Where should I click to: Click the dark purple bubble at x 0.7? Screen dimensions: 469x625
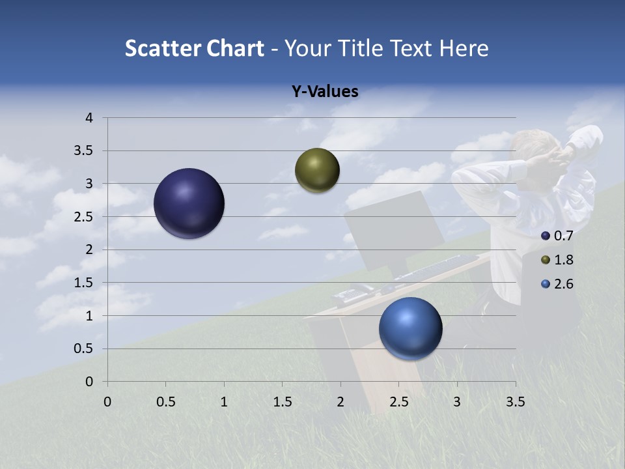(189, 203)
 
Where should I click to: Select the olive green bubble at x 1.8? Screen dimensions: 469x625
(317, 170)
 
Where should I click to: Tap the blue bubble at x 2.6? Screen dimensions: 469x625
(410, 328)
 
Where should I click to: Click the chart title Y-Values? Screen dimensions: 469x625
(324, 92)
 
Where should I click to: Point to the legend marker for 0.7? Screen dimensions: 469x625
(546, 236)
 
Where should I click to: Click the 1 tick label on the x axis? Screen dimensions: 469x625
(224, 401)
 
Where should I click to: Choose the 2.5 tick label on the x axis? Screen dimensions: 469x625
(398, 401)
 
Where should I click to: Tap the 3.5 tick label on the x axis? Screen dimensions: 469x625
(515, 401)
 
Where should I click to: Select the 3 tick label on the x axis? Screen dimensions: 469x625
(457, 401)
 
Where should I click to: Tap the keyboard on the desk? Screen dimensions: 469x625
(436, 268)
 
